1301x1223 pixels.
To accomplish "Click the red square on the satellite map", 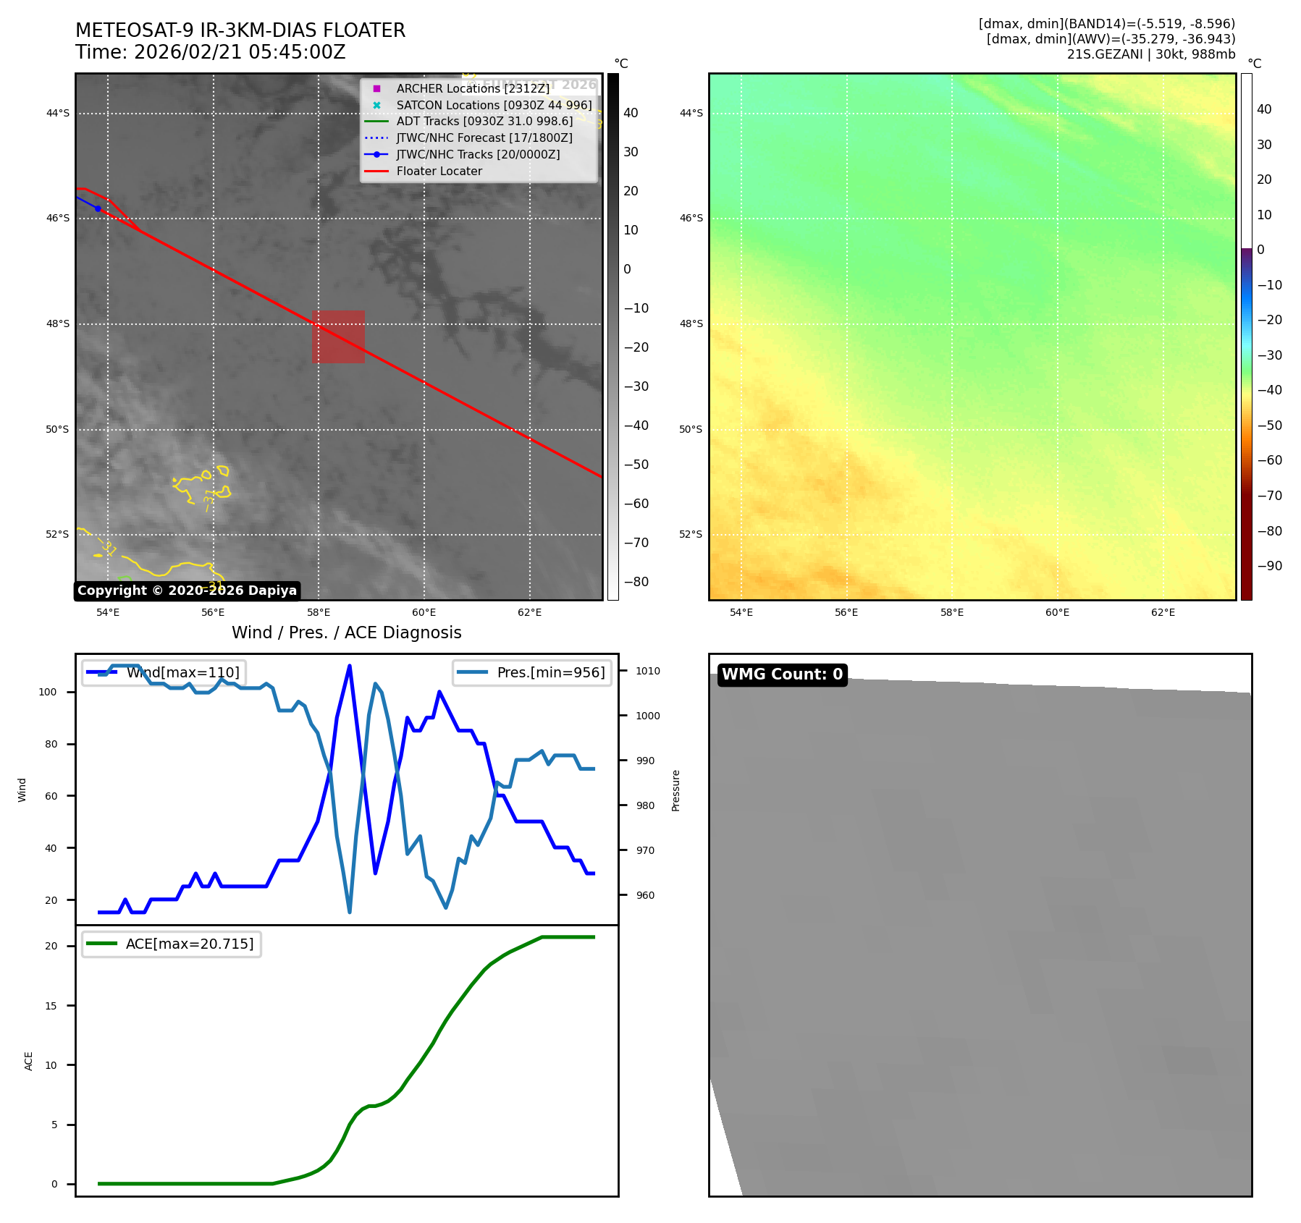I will [338, 337].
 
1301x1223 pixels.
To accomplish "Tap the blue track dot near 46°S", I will [98, 208].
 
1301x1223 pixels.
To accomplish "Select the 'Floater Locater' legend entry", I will [439, 172].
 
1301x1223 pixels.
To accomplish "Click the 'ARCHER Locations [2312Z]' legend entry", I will [473, 88].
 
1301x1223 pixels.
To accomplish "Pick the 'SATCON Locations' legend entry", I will [494, 105].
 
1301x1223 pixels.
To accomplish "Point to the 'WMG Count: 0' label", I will [782, 674].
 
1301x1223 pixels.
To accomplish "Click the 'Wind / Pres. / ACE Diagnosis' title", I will [346, 632].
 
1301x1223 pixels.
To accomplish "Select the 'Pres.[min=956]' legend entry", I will [550, 672].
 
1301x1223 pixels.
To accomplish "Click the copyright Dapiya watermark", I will [187, 591].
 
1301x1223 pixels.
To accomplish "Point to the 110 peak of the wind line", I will [350, 666].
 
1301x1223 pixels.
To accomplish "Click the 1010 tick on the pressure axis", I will [648, 671].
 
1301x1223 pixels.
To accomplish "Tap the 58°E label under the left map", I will [319, 612].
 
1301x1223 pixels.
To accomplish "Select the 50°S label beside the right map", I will [691, 429].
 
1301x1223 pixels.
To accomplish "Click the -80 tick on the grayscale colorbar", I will [636, 582].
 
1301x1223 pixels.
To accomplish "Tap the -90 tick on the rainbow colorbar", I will [1269, 566].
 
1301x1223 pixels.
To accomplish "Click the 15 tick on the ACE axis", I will [51, 1006].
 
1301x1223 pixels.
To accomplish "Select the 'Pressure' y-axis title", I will [675, 790].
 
